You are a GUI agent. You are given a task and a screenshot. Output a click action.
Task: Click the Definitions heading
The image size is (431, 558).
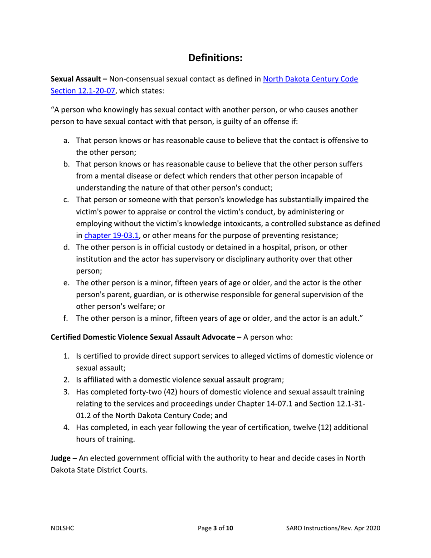coord(215,58)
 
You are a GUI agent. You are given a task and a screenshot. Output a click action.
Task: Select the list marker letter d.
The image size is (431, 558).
coord(66,247)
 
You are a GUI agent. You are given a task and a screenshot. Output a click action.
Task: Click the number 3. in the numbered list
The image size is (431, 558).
coord(66,392)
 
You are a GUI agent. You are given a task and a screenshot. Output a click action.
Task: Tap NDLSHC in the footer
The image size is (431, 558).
coord(61,528)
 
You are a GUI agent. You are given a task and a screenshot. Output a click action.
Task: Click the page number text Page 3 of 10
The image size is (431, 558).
coord(216,528)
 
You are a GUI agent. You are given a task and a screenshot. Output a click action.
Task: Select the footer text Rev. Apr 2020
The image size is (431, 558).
coord(361,528)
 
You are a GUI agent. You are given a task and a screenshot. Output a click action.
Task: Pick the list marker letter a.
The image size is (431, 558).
coord(66,141)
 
